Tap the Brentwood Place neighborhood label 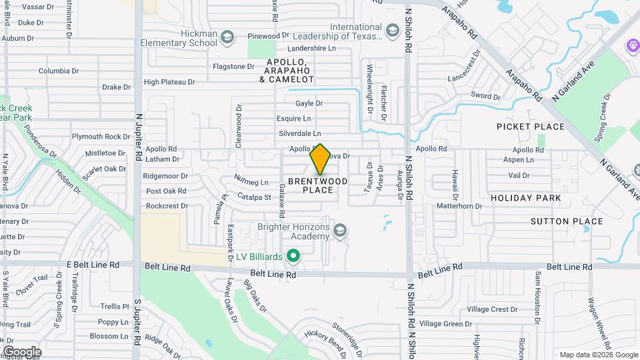tap(317, 185)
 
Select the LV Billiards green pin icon tap(292, 256)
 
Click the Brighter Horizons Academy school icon tap(340, 231)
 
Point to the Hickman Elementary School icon tap(227, 37)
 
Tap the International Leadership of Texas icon tap(393, 31)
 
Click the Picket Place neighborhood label tap(531, 127)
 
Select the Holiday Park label tap(526, 198)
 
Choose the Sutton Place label tap(567, 221)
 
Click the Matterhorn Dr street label tap(459, 206)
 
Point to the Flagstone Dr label tap(233, 67)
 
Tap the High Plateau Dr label tap(169, 82)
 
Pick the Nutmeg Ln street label tap(251, 181)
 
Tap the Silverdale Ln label tap(299, 133)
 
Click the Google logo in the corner tap(22, 351)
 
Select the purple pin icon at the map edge tap(633, 45)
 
